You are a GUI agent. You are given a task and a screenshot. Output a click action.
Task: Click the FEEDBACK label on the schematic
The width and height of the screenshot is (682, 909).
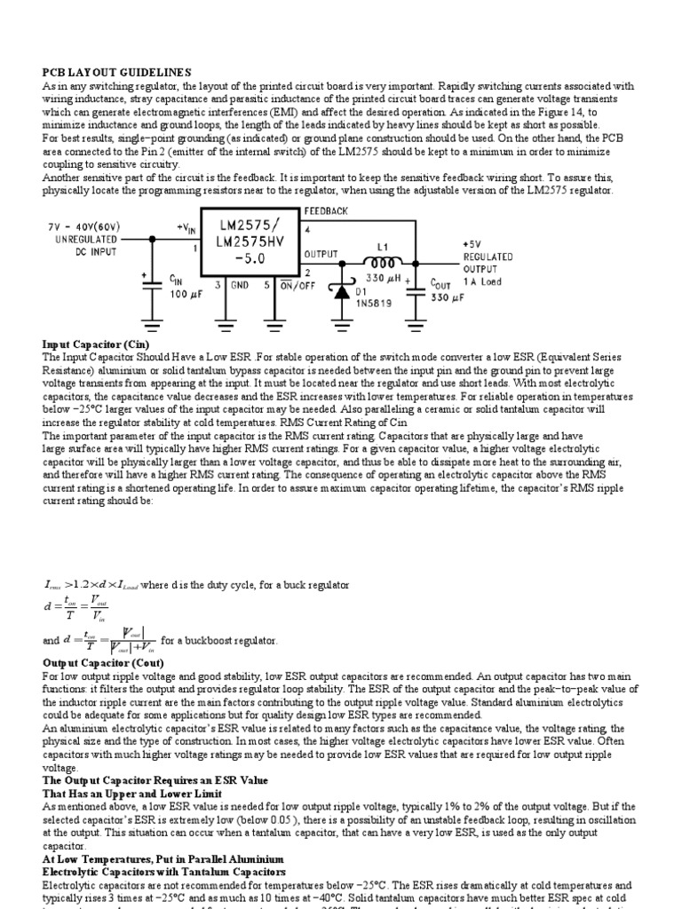[327, 211]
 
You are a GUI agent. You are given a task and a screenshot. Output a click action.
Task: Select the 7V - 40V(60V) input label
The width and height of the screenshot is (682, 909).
[85, 227]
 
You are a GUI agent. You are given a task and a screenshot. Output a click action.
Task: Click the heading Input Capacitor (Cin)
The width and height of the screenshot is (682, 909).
[96, 344]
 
